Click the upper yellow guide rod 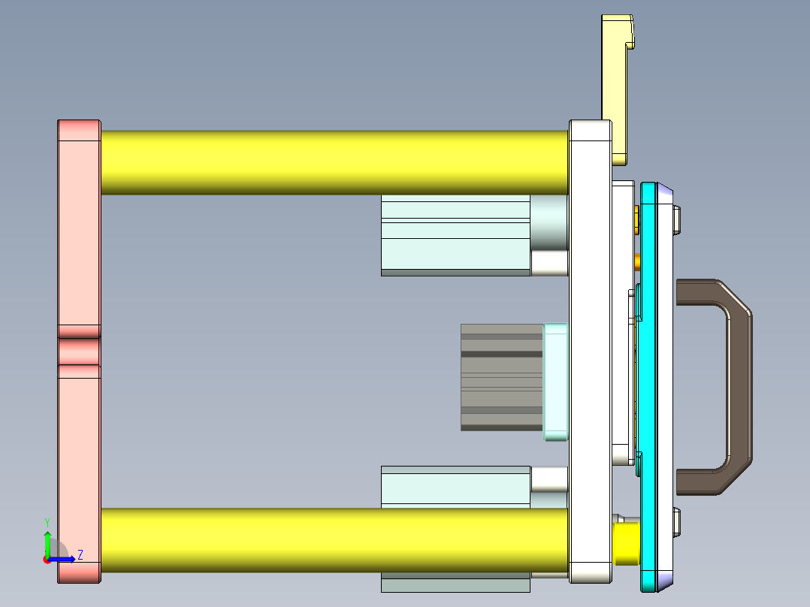[x=334, y=162]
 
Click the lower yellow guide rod [x=334, y=540]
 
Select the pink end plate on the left [x=79, y=225]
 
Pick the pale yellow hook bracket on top [x=614, y=90]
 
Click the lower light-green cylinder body [x=455, y=485]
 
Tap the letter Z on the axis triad [x=80, y=554]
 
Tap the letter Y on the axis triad [x=47, y=521]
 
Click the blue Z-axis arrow [x=65, y=559]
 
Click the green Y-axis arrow [x=47, y=542]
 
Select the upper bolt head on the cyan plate [x=679, y=219]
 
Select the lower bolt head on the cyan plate [x=679, y=522]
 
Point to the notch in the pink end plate [x=79, y=351]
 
